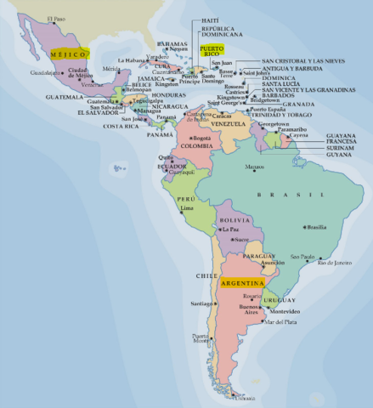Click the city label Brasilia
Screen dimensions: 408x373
(316, 227)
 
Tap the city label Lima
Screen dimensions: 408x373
(189, 207)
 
